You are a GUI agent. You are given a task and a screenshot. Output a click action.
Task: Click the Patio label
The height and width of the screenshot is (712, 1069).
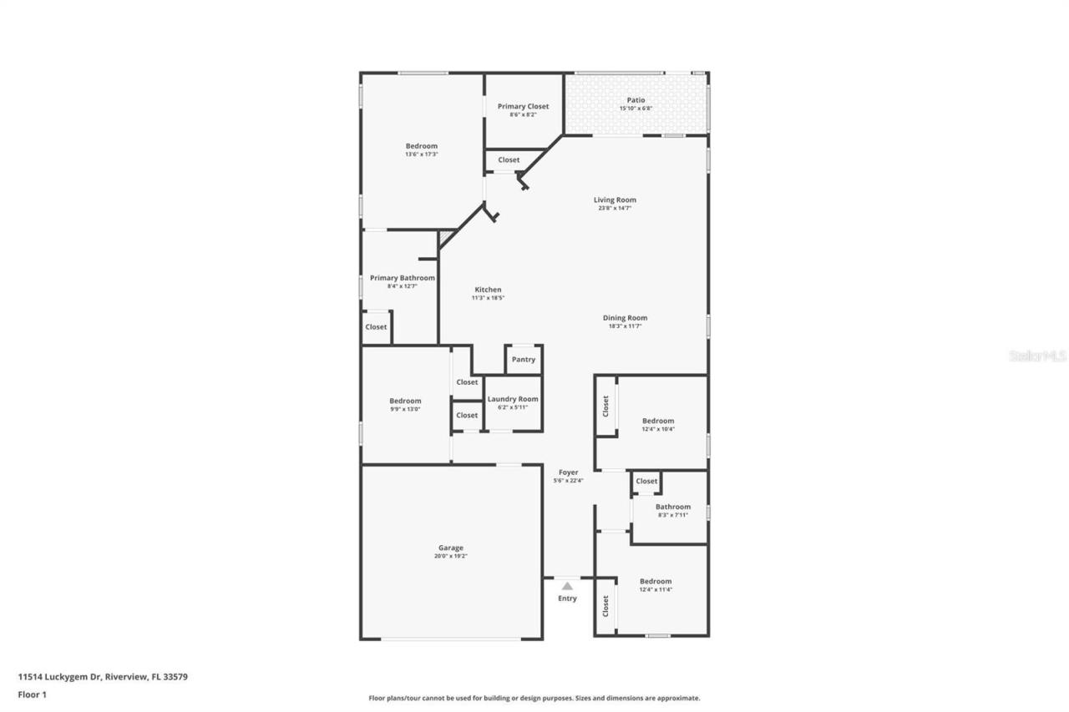(636, 100)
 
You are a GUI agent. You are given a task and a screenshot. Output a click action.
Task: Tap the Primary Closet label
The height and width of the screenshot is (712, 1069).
(523, 106)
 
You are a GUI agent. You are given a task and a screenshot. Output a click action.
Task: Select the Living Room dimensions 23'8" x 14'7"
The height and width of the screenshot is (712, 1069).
(615, 209)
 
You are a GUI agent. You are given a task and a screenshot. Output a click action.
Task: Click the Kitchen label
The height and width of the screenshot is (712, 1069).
(488, 290)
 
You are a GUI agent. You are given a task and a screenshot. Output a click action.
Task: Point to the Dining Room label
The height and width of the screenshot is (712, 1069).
(625, 318)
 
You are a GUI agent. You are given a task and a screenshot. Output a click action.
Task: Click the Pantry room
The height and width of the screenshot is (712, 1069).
(524, 360)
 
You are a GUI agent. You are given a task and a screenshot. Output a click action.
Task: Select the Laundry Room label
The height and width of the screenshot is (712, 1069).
(513, 399)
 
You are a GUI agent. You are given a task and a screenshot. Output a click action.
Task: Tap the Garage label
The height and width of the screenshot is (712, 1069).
(451, 548)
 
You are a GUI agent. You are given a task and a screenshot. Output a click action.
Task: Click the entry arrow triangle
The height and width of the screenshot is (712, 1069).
(567, 586)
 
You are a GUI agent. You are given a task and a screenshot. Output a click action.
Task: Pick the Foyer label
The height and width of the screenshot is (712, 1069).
(568, 472)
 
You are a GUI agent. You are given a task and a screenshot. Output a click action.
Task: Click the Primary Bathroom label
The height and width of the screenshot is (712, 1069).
(403, 278)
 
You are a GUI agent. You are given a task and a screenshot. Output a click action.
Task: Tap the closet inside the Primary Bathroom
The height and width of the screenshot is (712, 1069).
(376, 327)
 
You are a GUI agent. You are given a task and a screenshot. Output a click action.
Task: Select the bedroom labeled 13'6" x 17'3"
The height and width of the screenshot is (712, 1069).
(421, 150)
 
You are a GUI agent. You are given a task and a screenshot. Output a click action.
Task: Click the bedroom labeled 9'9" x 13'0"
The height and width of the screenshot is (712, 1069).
(405, 405)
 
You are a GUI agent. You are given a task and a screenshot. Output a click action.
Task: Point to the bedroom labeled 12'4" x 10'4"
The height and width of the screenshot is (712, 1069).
(657, 425)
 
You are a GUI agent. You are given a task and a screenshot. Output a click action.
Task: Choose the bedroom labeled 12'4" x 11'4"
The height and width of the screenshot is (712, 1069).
(656, 585)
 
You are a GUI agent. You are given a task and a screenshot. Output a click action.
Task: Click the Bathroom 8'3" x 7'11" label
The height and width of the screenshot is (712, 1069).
(672, 507)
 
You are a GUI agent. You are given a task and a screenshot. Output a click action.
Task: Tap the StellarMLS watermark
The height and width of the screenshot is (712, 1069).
(1037, 356)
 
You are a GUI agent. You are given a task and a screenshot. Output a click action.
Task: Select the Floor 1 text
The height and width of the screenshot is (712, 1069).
(32, 694)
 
